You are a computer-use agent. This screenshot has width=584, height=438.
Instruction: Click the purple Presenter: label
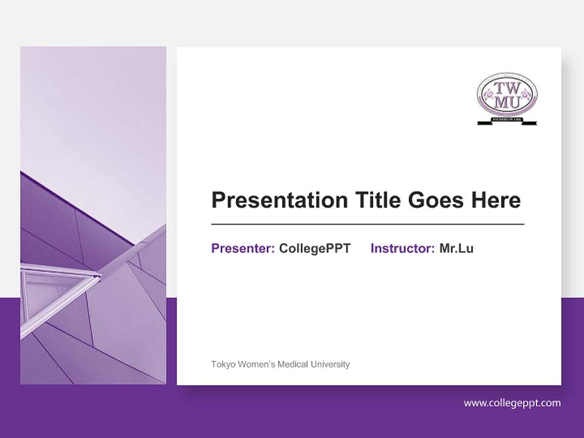tap(243, 248)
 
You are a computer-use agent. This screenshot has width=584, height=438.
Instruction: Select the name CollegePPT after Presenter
tap(315, 248)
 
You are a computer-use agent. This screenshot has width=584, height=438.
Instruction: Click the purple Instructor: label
tap(402, 248)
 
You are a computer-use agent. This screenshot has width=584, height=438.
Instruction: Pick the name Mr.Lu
tap(456, 248)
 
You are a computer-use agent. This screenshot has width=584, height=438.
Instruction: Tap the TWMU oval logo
tap(507, 96)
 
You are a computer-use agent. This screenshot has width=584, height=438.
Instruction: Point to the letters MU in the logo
tap(507, 103)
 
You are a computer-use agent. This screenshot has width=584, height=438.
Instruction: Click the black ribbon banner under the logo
tap(507, 121)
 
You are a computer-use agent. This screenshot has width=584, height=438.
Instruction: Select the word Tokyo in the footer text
tap(222, 364)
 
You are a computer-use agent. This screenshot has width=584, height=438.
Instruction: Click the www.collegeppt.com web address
tap(512, 403)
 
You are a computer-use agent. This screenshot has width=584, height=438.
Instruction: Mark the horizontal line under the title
tap(367, 224)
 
